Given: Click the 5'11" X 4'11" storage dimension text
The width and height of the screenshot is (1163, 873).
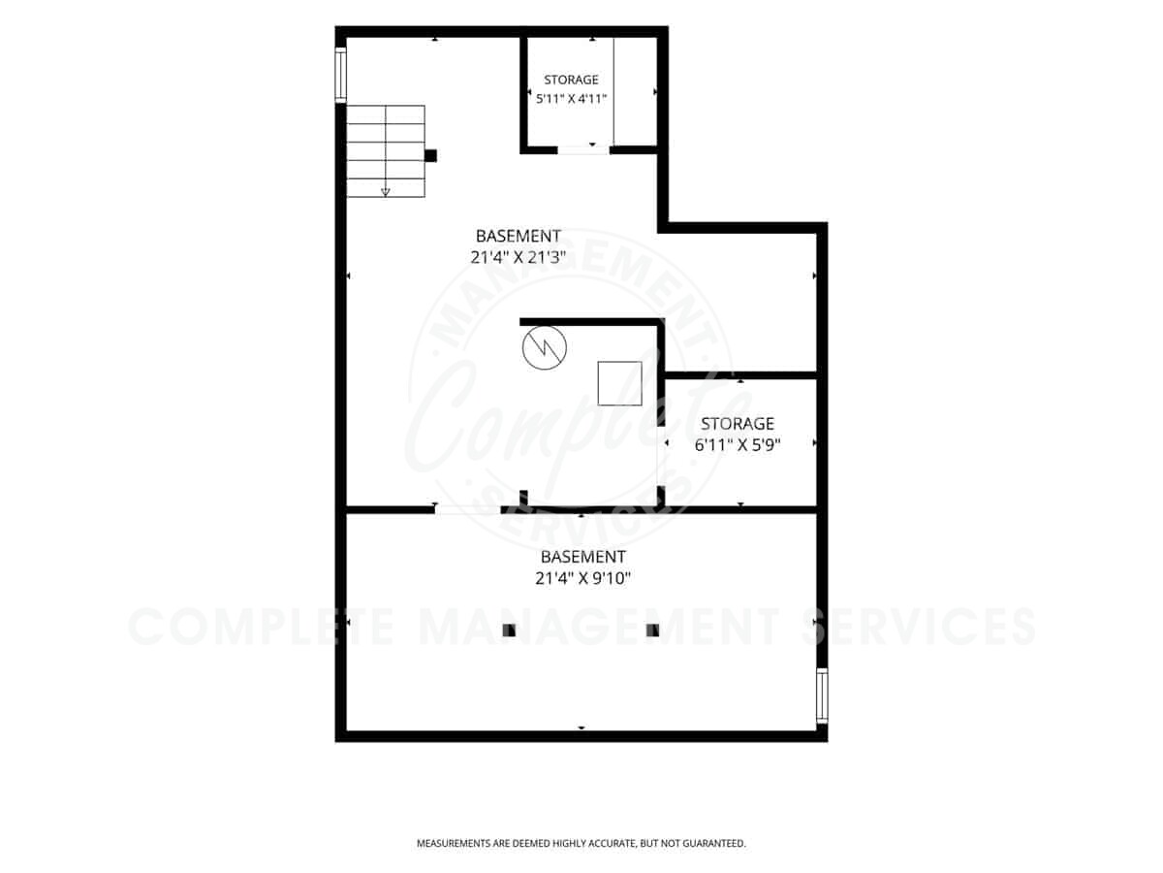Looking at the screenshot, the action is pyautogui.click(x=571, y=99).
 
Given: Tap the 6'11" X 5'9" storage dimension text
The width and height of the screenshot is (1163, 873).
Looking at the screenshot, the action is pyautogui.click(x=738, y=444).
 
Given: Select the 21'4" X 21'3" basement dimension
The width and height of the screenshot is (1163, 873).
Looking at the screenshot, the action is pyautogui.click(x=519, y=257).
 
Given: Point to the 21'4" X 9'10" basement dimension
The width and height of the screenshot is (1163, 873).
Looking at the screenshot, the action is pyautogui.click(x=582, y=578).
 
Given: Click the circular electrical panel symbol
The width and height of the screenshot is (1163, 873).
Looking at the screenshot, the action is pyautogui.click(x=544, y=347).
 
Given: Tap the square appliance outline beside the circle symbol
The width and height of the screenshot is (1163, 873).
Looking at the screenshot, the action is pyautogui.click(x=619, y=383).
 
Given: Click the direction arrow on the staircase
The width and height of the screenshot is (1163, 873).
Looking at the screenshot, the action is pyautogui.click(x=386, y=192).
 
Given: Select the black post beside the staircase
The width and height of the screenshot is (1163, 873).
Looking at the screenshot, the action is pyautogui.click(x=430, y=156).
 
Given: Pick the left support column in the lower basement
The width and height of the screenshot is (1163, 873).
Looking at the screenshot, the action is pyautogui.click(x=509, y=630).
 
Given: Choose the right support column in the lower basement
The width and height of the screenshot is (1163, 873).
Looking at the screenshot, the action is pyautogui.click(x=653, y=630).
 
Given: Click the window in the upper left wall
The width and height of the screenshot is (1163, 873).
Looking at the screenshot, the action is pyautogui.click(x=341, y=75).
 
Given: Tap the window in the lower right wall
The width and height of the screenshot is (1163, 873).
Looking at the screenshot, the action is pyautogui.click(x=822, y=695).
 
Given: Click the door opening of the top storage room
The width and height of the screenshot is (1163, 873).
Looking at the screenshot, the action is pyautogui.click(x=583, y=150).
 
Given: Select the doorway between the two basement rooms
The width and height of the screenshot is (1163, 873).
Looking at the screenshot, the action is pyautogui.click(x=467, y=510).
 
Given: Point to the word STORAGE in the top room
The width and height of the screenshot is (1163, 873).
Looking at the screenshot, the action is pyautogui.click(x=571, y=81).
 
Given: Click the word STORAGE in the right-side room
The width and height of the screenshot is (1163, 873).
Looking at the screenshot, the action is pyautogui.click(x=738, y=424).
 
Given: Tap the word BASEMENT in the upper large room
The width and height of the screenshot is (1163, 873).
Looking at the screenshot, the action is pyautogui.click(x=519, y=236).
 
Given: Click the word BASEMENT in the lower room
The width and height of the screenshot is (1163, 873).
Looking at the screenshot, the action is pyautogui.click(x=582, y=557).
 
